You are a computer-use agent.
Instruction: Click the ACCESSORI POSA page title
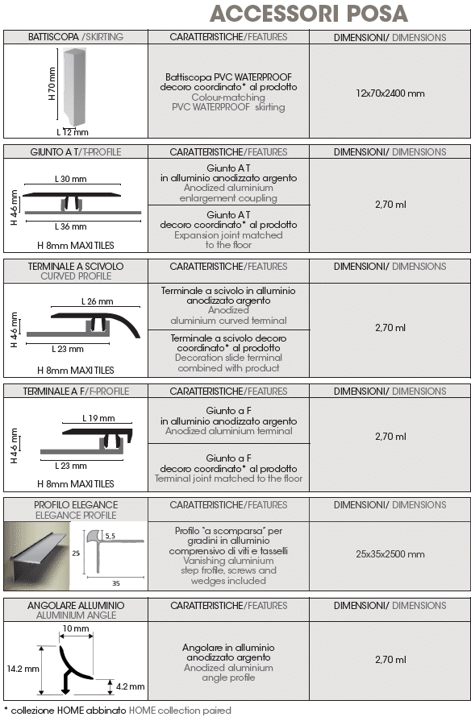pyautogui.click(x=309, y=13)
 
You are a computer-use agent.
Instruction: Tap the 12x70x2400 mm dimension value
pyautogui.click(x=390, y=93)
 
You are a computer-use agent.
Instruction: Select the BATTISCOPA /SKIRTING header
pyautogui.click(x=76, y=37)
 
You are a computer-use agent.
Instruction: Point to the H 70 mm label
pyautogui.click(x=52, y=84)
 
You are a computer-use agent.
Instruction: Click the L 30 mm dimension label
pyautogui.click(x=70, y=179)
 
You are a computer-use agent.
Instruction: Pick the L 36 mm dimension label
pyautogui.click(x=70, y=226)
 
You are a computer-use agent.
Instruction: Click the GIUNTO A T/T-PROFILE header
pyautogui.click(x=76, y=151)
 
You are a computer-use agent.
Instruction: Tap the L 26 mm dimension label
pyautogui.click(x=97, y=301)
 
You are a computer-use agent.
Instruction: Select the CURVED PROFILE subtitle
pyautogui.click(x=76, y=276)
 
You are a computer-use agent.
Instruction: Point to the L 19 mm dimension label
pyautogui.click(x=98, y=418)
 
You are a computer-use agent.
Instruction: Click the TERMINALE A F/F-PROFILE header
pyautogui.click(x=76, y=392)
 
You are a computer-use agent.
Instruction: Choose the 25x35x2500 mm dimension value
pyautogui.click(x=390, y=554)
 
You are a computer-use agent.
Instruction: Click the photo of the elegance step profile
pyautogui.click(x=37, y=556)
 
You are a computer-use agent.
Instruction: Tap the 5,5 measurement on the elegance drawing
pyautogui.click(x=110, y=536)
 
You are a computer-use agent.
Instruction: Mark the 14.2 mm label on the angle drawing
pyautogui.click(x=23, y=669)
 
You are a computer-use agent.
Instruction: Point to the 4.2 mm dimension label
pyautogui.click(x=130, y=686)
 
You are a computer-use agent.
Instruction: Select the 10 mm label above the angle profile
pyautogui.click(x=76, y=628)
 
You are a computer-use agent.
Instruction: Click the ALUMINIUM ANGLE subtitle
pyautogui.click(x=76, y=615)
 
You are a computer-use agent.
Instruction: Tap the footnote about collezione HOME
pyautogui.click(x=118, y=710)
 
